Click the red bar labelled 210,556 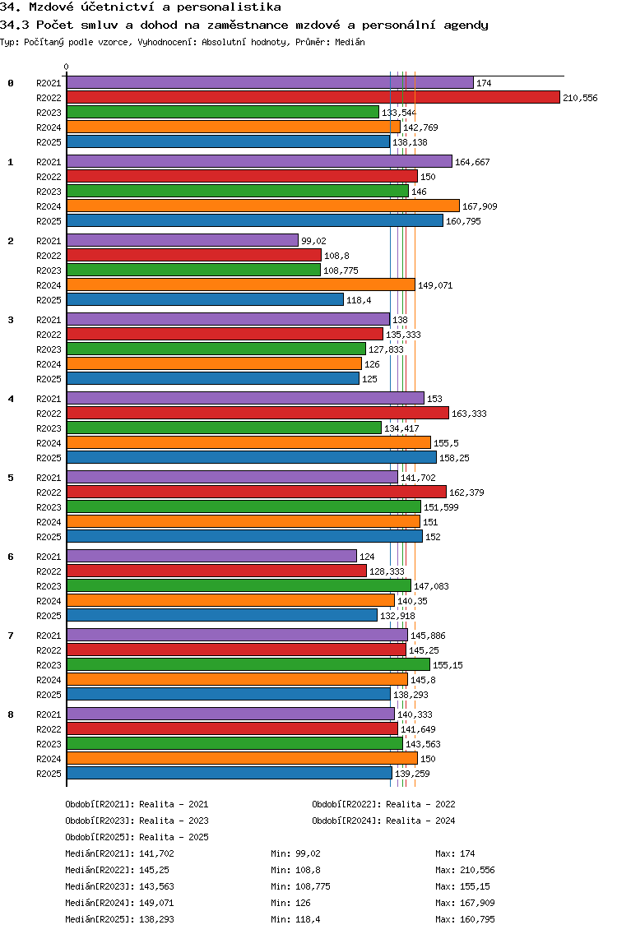(313, 97)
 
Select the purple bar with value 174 (270, 82)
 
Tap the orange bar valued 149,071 (240, 284)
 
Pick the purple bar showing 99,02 (182, 240)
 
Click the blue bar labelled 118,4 (205, 299)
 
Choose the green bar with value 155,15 (248, 664)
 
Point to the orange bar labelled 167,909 (262, 206)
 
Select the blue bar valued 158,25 (251, 457)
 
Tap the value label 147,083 (430, 585)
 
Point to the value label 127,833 (386, 349)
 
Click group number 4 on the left (11, 399)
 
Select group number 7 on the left (11, 636)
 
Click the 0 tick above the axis (67, 67)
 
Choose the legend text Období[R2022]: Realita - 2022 (383, 804)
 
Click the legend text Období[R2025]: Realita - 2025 (137, 837)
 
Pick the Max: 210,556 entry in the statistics (465, 870)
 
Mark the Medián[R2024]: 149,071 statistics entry (119, 903)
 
